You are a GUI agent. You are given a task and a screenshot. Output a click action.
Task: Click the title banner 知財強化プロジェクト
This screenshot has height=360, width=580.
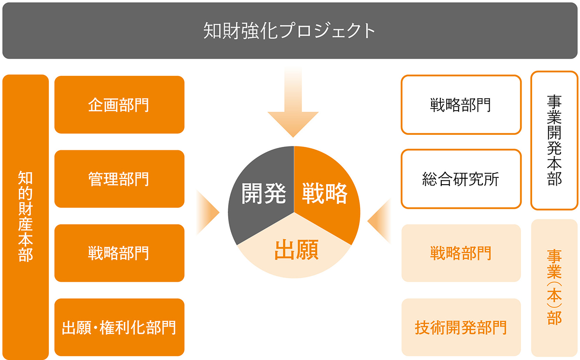(x=290, y=30)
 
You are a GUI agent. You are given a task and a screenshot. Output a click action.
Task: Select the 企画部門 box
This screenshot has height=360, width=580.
(x=119, y=104)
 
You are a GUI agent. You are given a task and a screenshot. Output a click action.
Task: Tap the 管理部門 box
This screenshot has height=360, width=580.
(x=119, y=179)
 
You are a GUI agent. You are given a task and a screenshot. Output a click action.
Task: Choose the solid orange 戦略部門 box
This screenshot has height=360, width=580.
(x=119, y=253)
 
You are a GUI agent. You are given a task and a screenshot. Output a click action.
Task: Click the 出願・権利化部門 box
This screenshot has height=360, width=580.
(x=119, y=327)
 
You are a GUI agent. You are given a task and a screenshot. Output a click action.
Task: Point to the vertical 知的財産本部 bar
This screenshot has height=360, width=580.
(x=26, y=217)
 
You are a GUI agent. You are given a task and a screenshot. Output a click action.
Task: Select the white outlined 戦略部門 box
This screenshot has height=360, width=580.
(x=461, y=104)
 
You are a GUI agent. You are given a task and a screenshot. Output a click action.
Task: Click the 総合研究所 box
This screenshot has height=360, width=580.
(x=461, y=179)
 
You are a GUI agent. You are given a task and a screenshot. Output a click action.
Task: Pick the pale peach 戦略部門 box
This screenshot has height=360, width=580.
(x=461, y=253)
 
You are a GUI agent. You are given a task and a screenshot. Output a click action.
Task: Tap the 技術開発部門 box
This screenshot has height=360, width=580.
(x=461, y=327)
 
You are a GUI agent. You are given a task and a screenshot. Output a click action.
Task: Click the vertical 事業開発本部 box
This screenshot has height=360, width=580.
(x=554, y=141)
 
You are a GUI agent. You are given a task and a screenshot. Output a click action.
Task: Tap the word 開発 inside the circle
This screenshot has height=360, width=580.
(x=264, y=194)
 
